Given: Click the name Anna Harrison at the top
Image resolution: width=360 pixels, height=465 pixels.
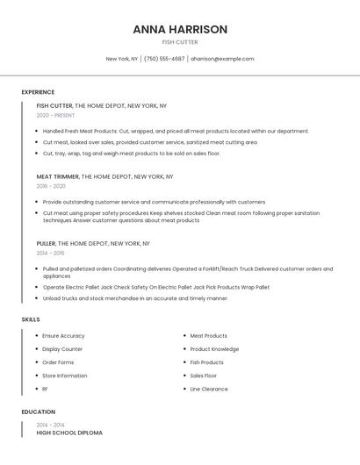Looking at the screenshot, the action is point(180,29).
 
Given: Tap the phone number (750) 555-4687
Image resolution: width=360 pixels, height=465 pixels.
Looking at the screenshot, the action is point(164,59).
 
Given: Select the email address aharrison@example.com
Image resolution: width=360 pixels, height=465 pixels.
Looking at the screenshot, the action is point(222,59).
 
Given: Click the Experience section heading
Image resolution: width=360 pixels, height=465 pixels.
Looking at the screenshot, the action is point(38,92).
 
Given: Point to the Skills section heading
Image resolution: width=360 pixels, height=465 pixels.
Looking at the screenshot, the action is point(31,319).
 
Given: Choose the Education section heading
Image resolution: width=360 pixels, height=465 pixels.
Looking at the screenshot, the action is point(39,411).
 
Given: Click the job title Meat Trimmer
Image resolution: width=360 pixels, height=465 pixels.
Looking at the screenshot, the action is point(57,176).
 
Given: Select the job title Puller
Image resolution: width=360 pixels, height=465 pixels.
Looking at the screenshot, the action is point(46,243).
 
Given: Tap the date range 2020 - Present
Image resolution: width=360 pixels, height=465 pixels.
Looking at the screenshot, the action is point(55,115).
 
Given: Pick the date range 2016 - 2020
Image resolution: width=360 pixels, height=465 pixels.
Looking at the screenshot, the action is point(51,186).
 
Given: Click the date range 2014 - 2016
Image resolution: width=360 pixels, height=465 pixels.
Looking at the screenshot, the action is point(50,253).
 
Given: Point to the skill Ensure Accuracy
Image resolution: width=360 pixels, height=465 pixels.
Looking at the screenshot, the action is point(63,336).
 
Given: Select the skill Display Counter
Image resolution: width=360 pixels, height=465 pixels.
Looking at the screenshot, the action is point(62,349).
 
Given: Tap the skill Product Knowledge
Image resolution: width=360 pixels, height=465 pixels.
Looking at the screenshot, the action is point(214,349).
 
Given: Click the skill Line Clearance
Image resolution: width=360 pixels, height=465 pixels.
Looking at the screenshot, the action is point(209,389).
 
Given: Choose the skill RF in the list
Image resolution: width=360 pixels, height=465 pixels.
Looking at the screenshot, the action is point(46,389).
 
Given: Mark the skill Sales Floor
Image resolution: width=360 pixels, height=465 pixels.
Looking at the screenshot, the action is point(204,376).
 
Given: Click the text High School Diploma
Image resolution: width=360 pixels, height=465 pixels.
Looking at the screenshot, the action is point(69,433).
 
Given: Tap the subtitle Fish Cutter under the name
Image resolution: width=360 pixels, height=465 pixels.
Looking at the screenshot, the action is point(180,42).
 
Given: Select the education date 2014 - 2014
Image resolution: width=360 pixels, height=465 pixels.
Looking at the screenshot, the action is point(50,425).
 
